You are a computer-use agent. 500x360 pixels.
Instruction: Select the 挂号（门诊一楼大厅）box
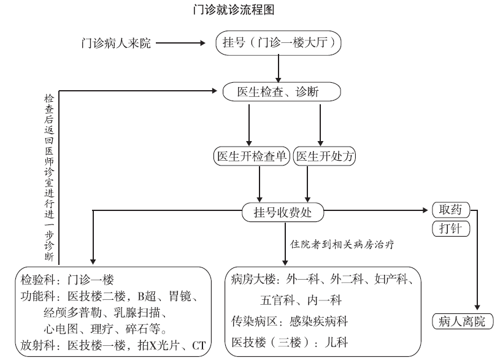click(x=279, y=44)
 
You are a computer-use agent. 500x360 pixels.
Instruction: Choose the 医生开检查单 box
click(x=252, y=156)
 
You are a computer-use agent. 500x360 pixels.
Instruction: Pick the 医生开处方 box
click(x=325, y=156)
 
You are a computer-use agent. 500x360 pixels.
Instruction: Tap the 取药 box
click(x=451, y=210)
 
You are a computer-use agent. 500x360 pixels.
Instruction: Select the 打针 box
click(x=451, y=229)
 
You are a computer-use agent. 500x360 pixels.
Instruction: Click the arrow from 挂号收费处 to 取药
click(x=374, y=211)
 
